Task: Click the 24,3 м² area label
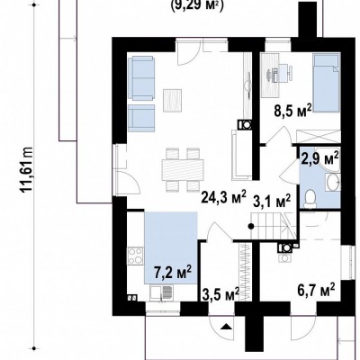[x=224, y=197]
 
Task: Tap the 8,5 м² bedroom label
[x=292, y=112]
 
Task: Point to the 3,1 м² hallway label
[x=272, y=201]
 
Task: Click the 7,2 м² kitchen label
[x=173, y=273]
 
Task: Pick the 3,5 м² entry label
[x=220, y=294]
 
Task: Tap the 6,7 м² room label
[x=316, y=290]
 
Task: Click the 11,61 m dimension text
[x=26, y=170]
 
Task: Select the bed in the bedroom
[x=327, y=83]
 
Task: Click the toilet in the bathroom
[x=310, y=200]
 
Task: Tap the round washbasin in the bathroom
[x=332, y=183]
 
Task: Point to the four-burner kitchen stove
[x=136, y=256]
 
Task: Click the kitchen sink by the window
[x=161, y=293]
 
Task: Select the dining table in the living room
[x=183, y=170]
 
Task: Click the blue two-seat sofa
[x=141, y=78]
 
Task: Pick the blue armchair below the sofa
[x=141, y=118]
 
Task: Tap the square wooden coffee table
[x=173, y=101]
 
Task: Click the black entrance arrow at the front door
[x=227, y=327]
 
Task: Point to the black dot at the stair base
[x=251, y=227]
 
